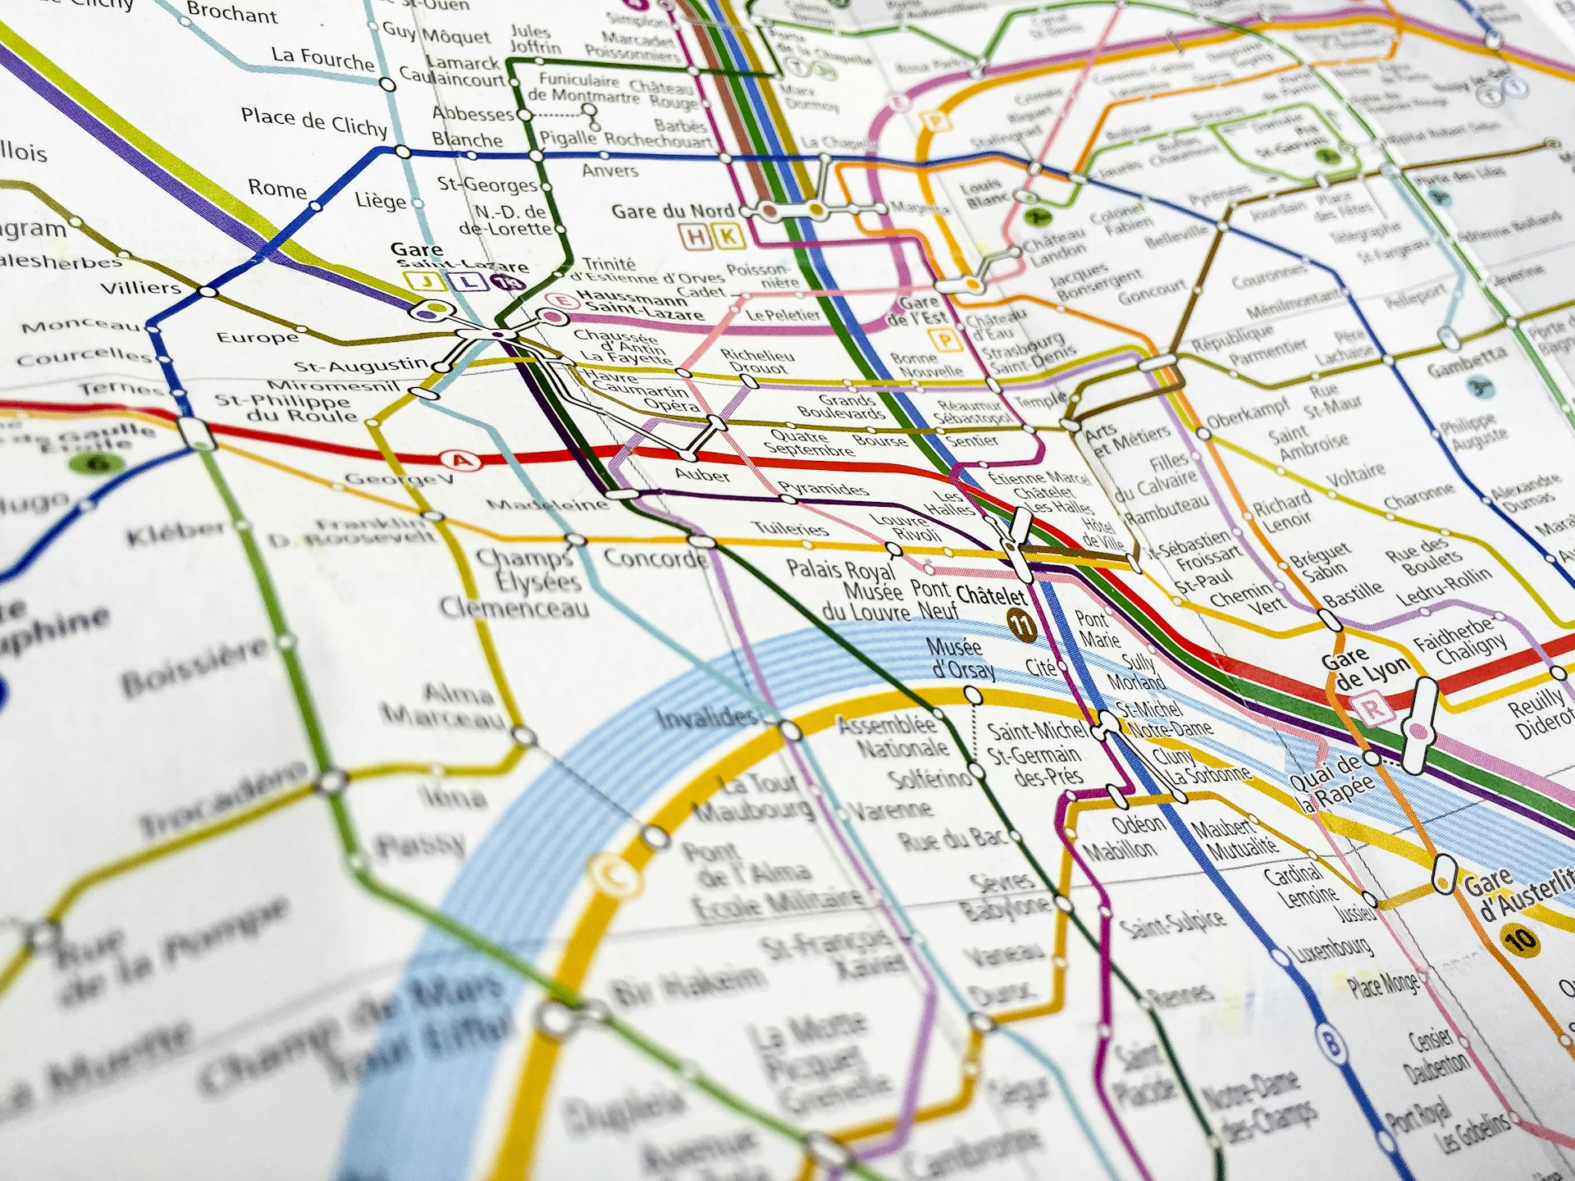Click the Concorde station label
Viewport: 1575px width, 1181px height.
655,559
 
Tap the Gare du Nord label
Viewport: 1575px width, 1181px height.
672,212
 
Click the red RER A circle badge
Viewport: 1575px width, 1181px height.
462,461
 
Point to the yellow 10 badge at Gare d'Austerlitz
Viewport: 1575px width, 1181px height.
1519,937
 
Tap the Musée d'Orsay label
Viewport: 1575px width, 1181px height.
961,659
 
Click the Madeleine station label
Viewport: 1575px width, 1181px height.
547,504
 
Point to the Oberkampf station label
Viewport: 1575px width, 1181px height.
1248,413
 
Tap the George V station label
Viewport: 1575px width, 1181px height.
398,479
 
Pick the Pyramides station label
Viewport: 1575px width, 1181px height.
823,489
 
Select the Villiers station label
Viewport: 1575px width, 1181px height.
140,288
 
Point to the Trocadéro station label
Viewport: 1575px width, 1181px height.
222,799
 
